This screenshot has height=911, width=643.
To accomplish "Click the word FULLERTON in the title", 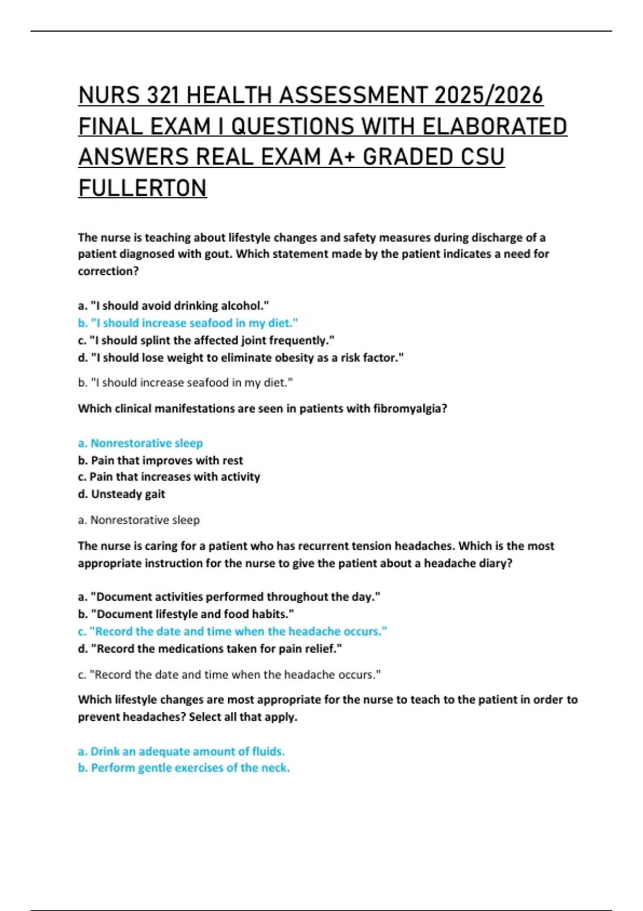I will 143,188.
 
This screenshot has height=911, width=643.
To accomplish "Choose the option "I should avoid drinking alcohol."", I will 173,306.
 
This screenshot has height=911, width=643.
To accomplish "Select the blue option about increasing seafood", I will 188,323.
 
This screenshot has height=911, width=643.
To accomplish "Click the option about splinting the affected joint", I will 206,340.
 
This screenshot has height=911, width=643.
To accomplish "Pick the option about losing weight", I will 241,357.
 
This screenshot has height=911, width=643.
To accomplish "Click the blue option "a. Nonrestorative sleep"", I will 140,443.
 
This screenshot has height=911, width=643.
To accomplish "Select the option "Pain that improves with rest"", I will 160,460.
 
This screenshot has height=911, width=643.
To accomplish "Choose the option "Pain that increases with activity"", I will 169,477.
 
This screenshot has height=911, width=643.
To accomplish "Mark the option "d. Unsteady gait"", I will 122,494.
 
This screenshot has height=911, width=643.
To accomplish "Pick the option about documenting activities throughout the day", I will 229,597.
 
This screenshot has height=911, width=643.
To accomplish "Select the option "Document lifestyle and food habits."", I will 186,614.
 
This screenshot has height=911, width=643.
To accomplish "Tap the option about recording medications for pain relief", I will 210,649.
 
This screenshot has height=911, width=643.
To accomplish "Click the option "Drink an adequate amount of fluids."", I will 181,751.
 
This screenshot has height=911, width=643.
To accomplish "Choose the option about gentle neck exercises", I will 184,768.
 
